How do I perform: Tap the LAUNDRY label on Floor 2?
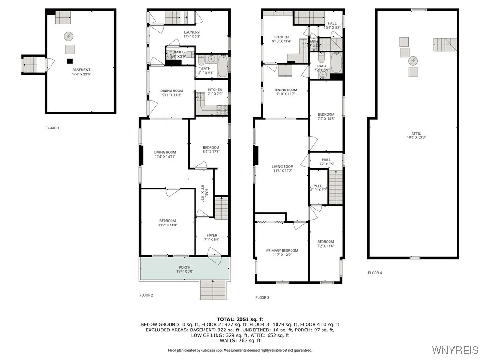191,32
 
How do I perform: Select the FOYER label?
212,235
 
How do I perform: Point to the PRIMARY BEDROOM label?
282,250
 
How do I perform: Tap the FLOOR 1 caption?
52,127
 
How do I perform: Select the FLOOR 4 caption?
375,273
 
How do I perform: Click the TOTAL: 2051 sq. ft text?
240,319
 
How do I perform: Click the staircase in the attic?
444,45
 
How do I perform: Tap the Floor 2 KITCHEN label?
215,90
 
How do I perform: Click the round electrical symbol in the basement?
69,36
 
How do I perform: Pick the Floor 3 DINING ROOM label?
286,90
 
